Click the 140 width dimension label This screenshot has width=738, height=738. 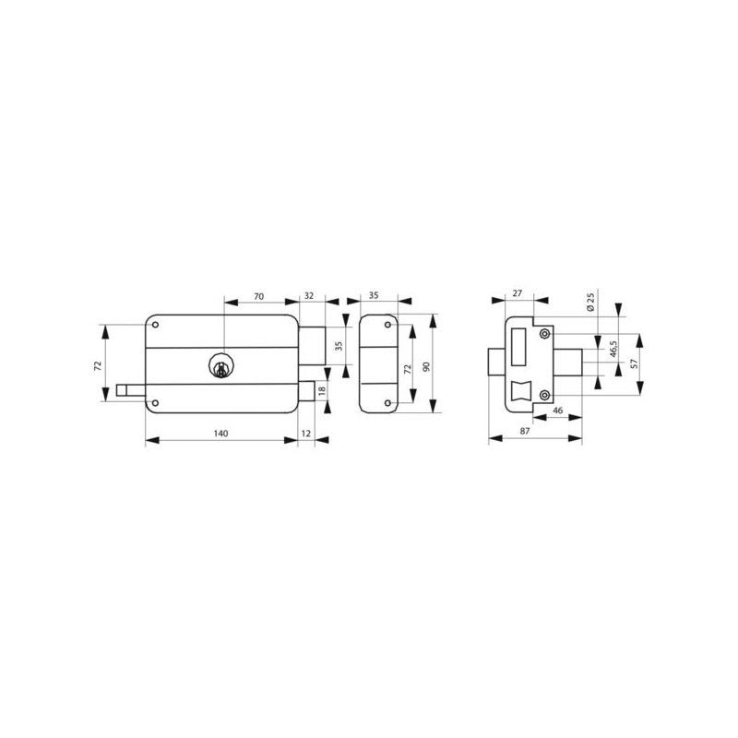[220, 433]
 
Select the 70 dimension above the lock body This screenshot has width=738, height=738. [259, 296]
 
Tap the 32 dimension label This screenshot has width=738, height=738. [309, 295]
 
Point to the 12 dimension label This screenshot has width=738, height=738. [306, 433]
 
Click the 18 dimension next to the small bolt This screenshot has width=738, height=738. [322, 390]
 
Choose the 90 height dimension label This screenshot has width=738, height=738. [427, 366]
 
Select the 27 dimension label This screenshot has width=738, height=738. [518, 293]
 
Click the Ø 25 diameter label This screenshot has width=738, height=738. [590, 302]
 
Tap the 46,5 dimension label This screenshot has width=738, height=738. [613, 350]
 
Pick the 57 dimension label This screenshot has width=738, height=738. [634, 363]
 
